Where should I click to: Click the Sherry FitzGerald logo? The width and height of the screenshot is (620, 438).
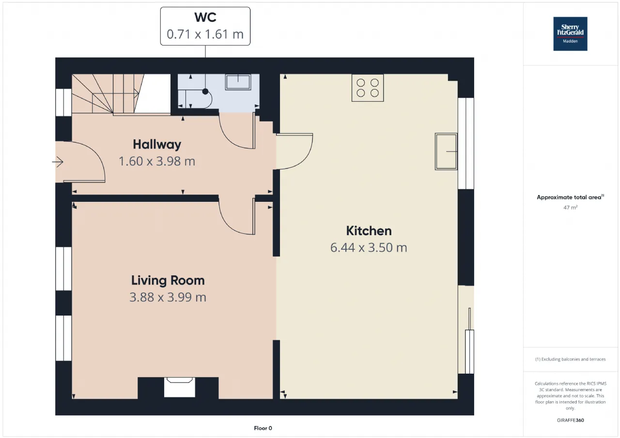(570, 34)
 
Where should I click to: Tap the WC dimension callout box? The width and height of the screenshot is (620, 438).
(205, 26)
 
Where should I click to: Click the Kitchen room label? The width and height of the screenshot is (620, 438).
(369, 231)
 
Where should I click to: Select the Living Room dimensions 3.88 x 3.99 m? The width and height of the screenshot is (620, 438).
(168, 297)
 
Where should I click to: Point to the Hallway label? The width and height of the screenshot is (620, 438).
(157, 145)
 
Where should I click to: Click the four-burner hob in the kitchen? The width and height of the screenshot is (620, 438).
(368, 88)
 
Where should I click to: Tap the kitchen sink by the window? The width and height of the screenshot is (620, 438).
(446, 151)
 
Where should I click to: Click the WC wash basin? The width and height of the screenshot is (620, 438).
(238, 82)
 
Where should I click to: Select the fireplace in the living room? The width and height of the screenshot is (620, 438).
(179, 387)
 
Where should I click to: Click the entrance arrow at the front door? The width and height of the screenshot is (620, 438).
(58, 162)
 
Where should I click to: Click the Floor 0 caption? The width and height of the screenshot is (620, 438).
(263, 428)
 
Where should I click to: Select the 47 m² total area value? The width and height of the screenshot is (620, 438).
(570, 208)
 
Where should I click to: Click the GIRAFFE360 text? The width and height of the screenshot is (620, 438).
(570, 420)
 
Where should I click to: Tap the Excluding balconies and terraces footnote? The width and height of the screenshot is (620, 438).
(570, 359)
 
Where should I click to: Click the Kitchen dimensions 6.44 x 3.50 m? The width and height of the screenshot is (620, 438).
(369, 248)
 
